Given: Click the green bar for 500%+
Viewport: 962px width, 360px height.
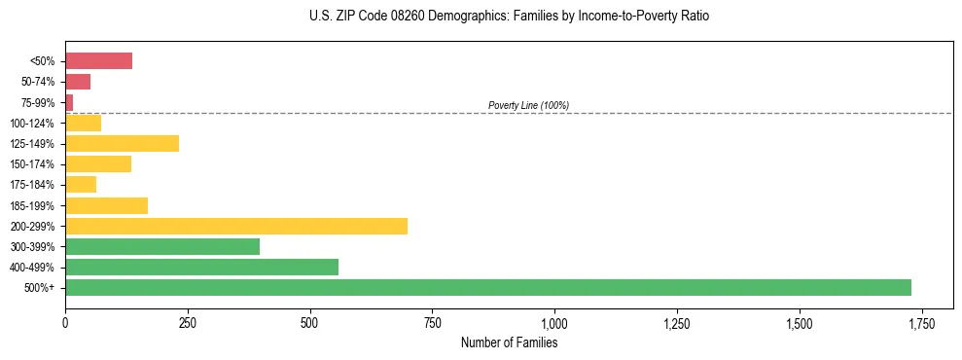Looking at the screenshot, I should click(x=487, y=288).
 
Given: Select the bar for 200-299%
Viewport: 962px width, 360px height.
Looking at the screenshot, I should click(x=236, y=227).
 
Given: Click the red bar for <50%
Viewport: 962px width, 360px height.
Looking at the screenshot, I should click(x=98, y=61).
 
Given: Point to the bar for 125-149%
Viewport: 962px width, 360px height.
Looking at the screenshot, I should click(x=122, y=144).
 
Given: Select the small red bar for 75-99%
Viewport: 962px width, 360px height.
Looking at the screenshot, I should click(x=69, y=102).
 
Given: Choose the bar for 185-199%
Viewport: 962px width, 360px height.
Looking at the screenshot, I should click(x=106, y=206).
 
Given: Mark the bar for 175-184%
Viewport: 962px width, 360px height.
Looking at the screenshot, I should click(x=81, y=185).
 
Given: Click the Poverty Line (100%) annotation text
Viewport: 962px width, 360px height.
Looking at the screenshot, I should click(x=528, y=105).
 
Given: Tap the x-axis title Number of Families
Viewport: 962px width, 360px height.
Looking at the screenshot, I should click(x=509, y=342).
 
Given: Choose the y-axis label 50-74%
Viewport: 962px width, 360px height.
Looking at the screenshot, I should click(x=37, y=82).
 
